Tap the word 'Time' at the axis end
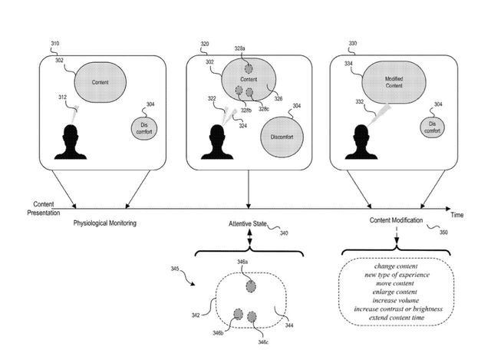coord(457,215)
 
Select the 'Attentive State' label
coord(247,223)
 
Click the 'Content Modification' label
coord(397,221)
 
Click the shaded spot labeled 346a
coord(251,286)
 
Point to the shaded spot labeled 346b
coord(239,315)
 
